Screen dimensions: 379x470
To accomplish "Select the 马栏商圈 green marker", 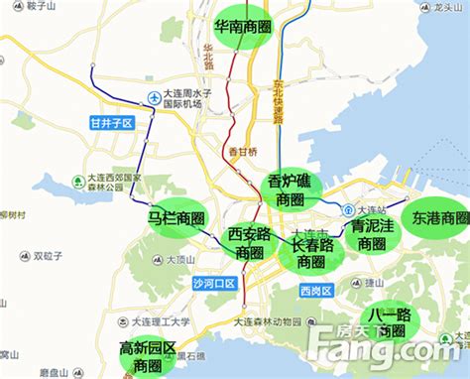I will tap(176, 217).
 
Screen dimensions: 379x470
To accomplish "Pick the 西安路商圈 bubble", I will tap(248, 242).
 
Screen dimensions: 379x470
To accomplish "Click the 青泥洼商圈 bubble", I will tap(372, 234).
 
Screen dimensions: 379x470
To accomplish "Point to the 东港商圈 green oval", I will tap(439, 216).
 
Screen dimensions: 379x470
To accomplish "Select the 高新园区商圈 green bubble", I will tap(148, 356).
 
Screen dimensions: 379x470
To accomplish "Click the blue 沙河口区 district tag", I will tap(214, 283).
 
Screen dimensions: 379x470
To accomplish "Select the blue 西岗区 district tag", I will tap(315, 291).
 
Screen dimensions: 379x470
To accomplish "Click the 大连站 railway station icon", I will tap(347, 210).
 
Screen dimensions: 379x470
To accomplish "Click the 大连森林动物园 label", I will tap(268, 320).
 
